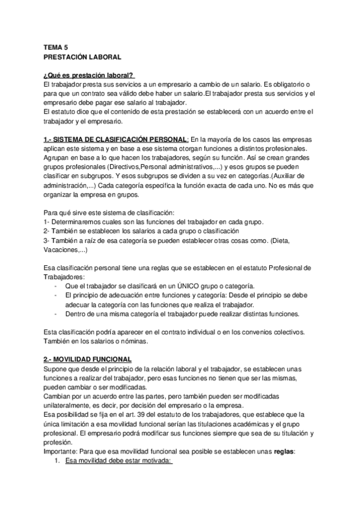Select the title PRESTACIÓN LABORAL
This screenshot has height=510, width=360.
(x=82, y=57)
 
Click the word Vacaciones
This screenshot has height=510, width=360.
(x=61, y=250)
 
